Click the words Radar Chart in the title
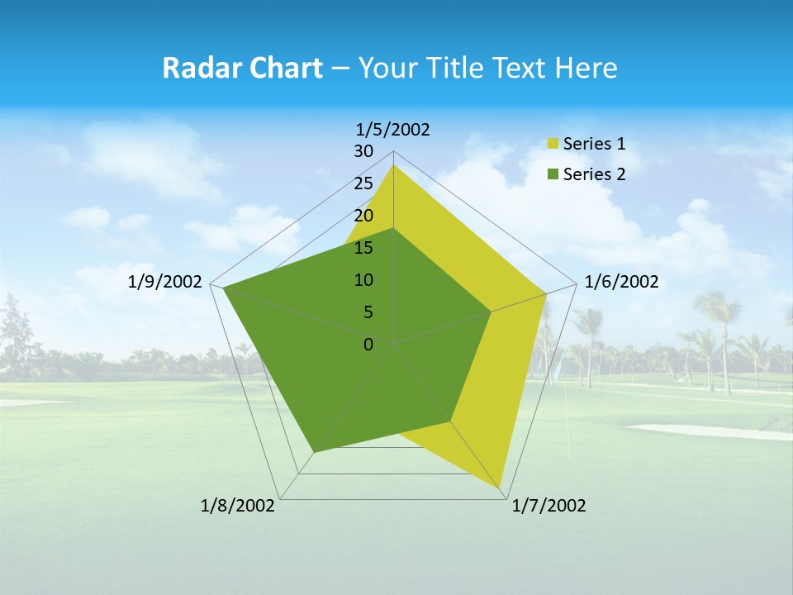coord(242,68)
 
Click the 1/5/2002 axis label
coord(392,129)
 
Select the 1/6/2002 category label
coord(621,282)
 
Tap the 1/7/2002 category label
coord(548,506)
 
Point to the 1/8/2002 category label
coord(238,506)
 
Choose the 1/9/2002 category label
coord(165,282)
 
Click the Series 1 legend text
coord(594,144)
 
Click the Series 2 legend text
coord(594,174)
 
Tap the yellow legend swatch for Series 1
coord(553,145)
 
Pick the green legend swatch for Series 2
coord(553,174)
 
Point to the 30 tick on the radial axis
coord(363,151)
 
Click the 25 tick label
coord(363,183)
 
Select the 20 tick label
coord(363,216)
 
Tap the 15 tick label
coord(363,248)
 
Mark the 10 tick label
coord(363,280)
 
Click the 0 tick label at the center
coord(368,345)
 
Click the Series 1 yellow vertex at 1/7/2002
coord(501,488)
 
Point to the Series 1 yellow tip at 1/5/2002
coord(394,165)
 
